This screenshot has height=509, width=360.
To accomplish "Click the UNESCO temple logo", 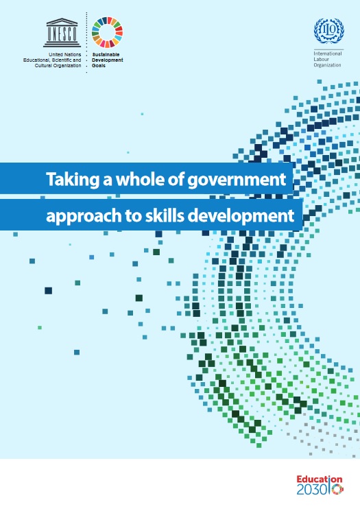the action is (x=62, y=32).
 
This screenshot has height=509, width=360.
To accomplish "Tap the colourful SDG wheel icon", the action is (x=107, y=32).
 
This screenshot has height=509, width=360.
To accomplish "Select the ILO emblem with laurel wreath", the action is (x=329, y=31).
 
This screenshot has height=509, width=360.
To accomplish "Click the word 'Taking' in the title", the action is (x=73, y=180).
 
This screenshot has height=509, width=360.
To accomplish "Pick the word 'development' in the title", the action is (x=241, y=216).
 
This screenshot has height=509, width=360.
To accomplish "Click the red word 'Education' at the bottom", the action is (x=320, y=480).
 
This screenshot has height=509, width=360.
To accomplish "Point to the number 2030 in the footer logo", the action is (x=311, y=490).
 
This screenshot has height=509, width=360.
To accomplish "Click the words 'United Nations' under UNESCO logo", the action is (x=65, y=55).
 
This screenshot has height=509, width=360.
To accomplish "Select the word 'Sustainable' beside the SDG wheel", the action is (x=106, y=55).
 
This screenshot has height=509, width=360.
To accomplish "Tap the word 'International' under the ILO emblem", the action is (x=328, y=54).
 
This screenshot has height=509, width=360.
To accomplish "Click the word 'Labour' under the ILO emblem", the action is (x=321, y=60).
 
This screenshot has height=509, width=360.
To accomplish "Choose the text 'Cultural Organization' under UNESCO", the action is (x=58, y=66).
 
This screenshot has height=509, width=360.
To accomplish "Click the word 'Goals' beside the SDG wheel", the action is (x=99, y=66).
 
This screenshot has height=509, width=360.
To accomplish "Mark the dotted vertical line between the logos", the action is (x=86, y=43).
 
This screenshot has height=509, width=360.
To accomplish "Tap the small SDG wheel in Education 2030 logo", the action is (x=337, y=489).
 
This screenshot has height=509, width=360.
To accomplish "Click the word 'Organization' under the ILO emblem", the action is (x=327, y=65).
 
